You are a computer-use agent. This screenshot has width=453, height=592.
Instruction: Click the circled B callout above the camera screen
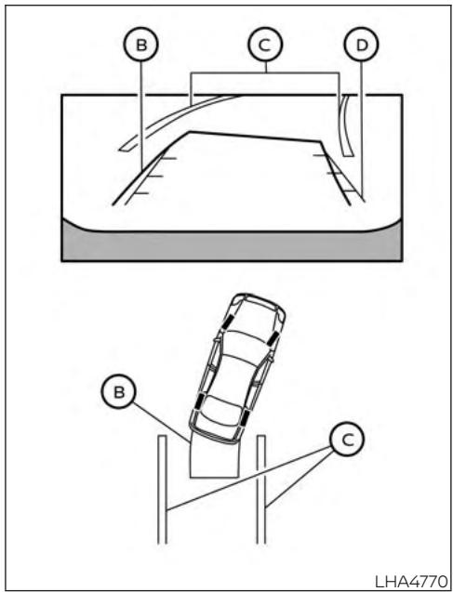[141, 45]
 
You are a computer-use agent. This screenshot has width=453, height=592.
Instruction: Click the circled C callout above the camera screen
[265, 45]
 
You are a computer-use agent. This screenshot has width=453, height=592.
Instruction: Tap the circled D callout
[361, 45]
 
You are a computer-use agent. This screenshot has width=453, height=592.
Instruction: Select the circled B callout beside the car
[119, 391]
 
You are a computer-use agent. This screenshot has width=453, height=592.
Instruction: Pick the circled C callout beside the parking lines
[347, 439]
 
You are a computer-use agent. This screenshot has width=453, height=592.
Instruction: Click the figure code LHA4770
[412, 580]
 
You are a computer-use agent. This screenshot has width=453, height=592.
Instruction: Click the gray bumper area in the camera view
[232, 245]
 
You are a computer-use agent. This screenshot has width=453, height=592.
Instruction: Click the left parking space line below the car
[163, 489]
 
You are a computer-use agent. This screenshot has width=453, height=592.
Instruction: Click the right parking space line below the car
[261, 489]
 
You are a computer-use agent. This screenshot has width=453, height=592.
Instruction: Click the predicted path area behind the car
[214, 459]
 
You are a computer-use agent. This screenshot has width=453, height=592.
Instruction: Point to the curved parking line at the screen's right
[344, 125]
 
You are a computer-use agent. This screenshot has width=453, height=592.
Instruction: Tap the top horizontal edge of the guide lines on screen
[254, 137]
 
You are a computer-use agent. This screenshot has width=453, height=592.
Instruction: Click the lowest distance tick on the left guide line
[141, 193]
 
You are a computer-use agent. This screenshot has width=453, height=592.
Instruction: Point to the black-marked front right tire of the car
[273, 337]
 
